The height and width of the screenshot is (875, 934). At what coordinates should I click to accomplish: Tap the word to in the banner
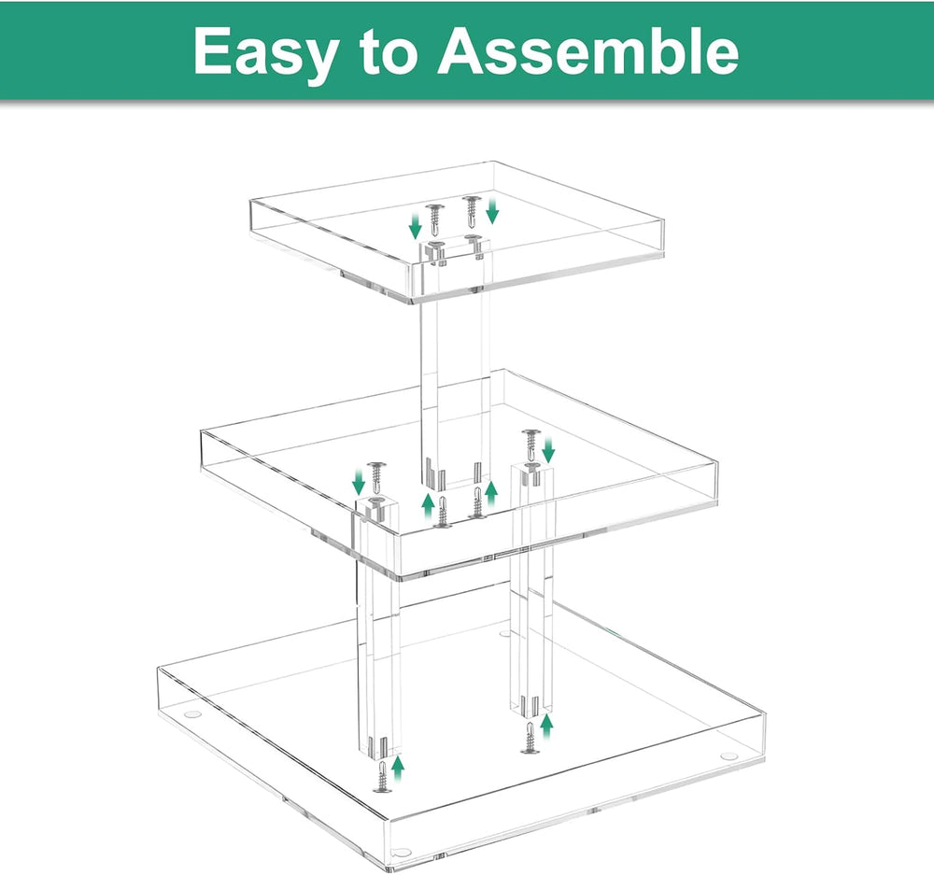pyautogui.click(x=388, y=51)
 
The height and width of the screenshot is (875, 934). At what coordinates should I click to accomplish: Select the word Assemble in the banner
pyautogui.click(x=587, y=51)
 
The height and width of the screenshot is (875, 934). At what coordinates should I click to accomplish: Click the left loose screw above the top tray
pyautogui.click(x=436, y=219)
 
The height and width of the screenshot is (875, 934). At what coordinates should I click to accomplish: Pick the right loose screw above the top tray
pyautogui.click(x=471, y=210)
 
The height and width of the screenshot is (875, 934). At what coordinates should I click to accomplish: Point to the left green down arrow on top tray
pyautogui.click(x=416, y=226)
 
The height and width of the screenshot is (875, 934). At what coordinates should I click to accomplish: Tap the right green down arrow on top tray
pyautogui.click(x=492, y=211)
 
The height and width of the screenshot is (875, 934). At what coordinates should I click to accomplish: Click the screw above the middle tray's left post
pyautogui.click(x=375, y=476)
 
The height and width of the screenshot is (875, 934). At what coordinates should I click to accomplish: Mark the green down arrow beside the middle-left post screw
pyautogui.click(x=359, y=481)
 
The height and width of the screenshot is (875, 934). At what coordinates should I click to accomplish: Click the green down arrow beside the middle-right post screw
pyautogui.click(x=549, y=450)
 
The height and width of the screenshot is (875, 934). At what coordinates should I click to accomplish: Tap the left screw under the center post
pyautogui.click(x=442, y=512)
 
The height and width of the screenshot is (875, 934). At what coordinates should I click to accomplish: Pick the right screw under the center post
pyautogui.click(x=477, y=502)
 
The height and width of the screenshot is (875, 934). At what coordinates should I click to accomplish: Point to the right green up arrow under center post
pyautogui.click(x=491, y=493)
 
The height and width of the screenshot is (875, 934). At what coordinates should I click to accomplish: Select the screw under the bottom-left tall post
pyautogui.click(x=382, y=776)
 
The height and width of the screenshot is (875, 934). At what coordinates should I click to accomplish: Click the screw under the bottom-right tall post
pyautogui.click(x=531, y=738)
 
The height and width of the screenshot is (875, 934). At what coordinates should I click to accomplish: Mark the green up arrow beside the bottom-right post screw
pyautogui.click(x=546, y=727)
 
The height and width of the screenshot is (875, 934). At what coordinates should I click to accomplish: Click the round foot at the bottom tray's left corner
pyautogui.click(x=191, y=713)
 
